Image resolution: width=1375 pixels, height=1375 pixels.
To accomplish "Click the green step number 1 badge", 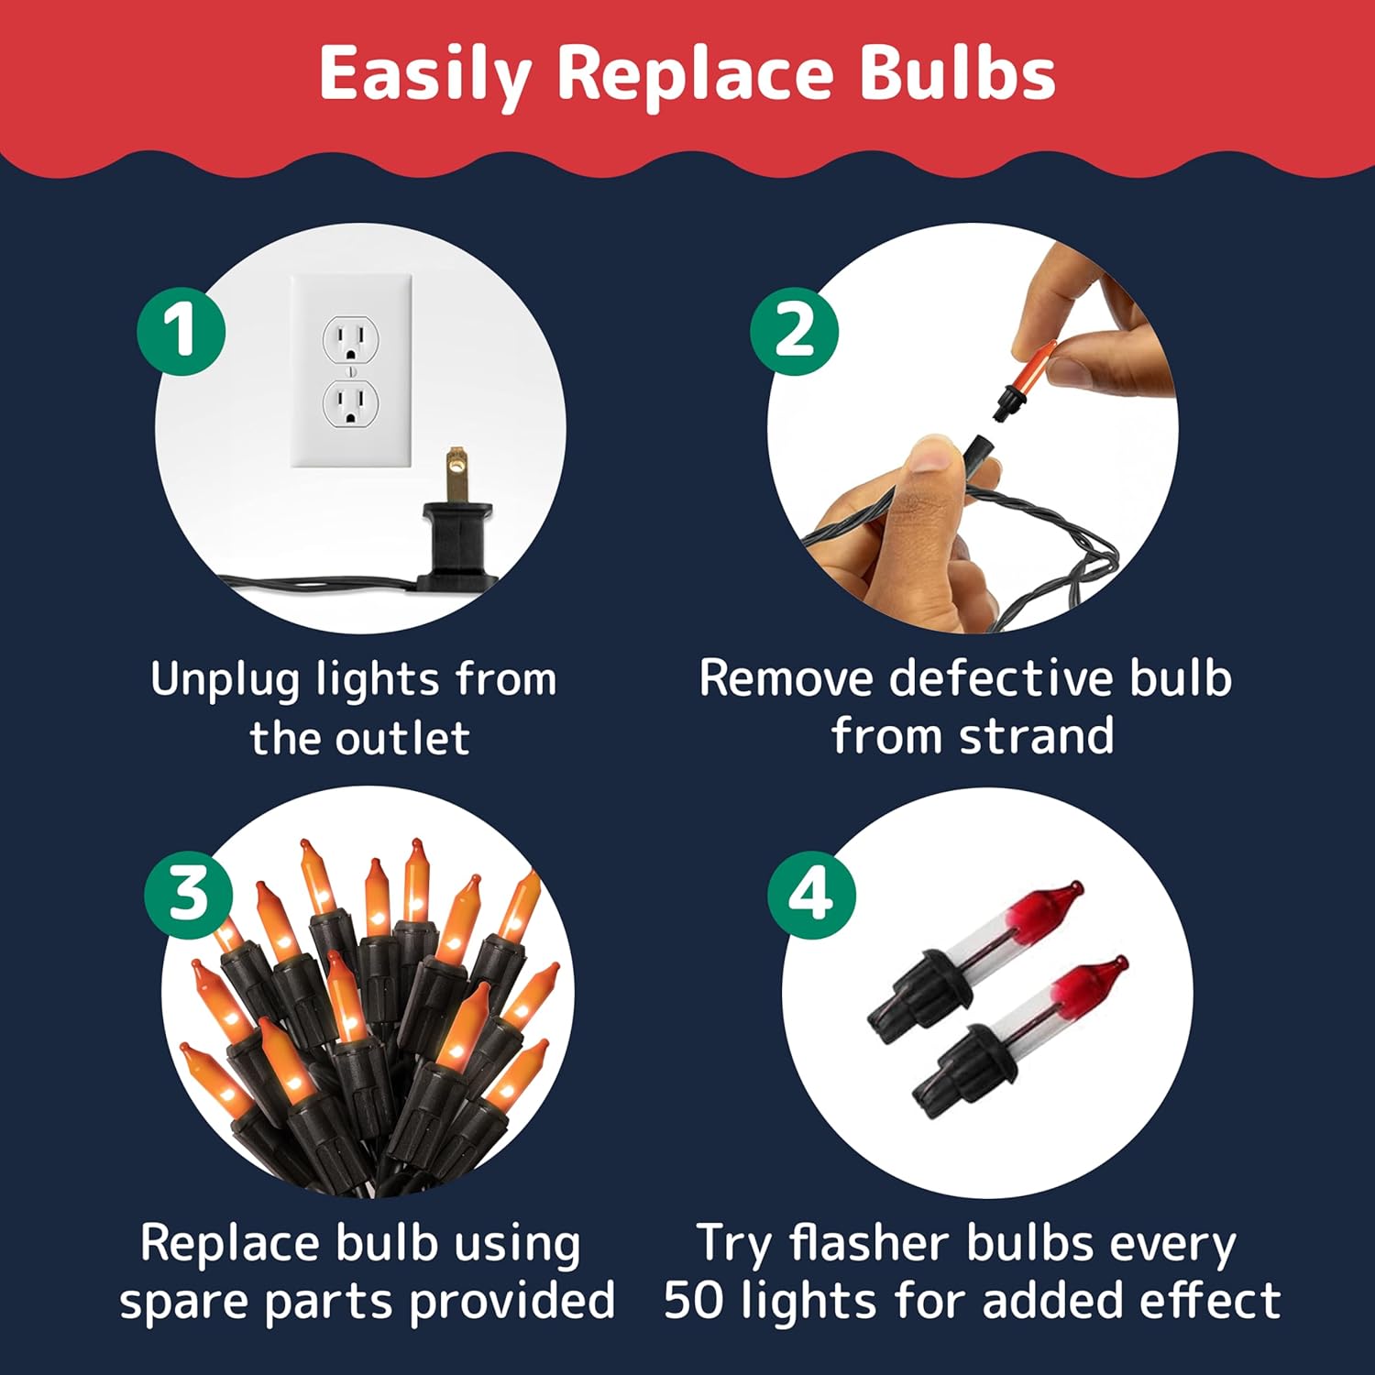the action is coord(181,330).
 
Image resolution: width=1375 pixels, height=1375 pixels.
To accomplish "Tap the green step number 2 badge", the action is coord(794,330).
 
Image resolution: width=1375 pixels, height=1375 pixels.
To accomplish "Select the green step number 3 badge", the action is coord(188,894).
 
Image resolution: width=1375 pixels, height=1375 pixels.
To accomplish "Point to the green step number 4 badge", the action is coord(810,894).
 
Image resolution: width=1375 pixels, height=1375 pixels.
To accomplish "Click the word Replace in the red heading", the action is coord(696,76).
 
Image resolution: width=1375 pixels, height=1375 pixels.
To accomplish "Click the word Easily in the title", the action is coord(425,76).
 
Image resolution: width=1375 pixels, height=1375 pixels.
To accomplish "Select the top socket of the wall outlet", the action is coord(351,339).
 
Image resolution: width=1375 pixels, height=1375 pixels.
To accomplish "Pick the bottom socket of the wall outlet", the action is coord(351,403).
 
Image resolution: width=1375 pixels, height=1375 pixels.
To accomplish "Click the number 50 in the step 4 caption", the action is coord(695,1300).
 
